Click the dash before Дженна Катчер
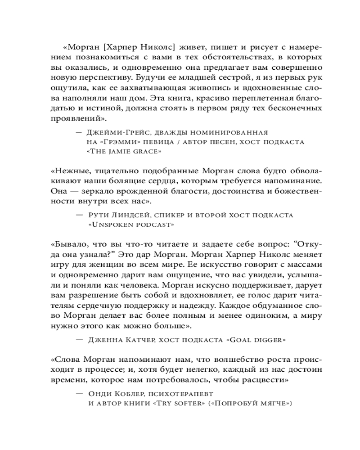[80, 340]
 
